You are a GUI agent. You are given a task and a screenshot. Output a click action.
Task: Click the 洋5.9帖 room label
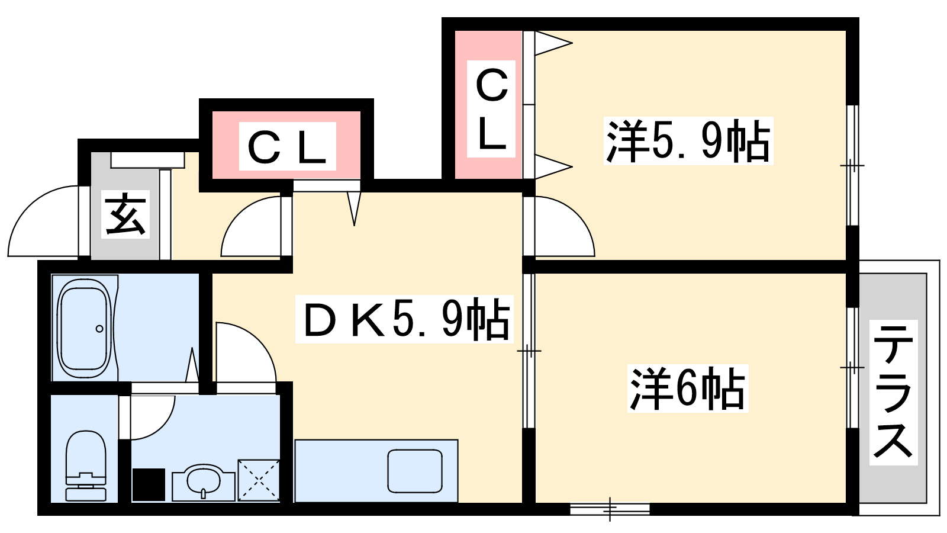pos(688,142)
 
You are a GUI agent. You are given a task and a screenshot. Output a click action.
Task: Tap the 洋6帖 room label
pos(687,388)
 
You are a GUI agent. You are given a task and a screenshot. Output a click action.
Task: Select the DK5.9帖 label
pos(405,319)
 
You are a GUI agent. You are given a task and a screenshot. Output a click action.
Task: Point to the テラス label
pos(893,392)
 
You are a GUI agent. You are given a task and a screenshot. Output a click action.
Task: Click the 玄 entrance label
pos(125,214)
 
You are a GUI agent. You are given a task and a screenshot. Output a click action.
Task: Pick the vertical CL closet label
pos(491,109)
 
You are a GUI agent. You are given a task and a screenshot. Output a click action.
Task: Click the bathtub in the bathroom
pos(85,328)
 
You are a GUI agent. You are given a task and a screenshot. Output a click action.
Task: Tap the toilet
pos(86,465)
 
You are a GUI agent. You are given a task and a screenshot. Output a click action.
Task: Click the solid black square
pos(149,484)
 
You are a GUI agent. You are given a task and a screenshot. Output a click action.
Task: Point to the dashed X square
pos(259,480)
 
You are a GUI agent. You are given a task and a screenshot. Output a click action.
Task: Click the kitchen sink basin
pos(415,471)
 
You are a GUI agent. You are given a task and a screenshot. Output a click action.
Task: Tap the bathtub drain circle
pos(99,329)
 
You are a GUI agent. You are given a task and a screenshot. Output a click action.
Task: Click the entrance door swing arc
pos(43,221)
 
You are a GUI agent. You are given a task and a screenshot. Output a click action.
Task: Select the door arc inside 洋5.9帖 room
pos(565,226)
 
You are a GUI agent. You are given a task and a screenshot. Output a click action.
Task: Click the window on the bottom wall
pos(610,509)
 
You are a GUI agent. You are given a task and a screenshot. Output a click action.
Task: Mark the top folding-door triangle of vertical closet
pos(553,43)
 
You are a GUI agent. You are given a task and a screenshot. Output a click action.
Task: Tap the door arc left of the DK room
pos(251,226)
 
